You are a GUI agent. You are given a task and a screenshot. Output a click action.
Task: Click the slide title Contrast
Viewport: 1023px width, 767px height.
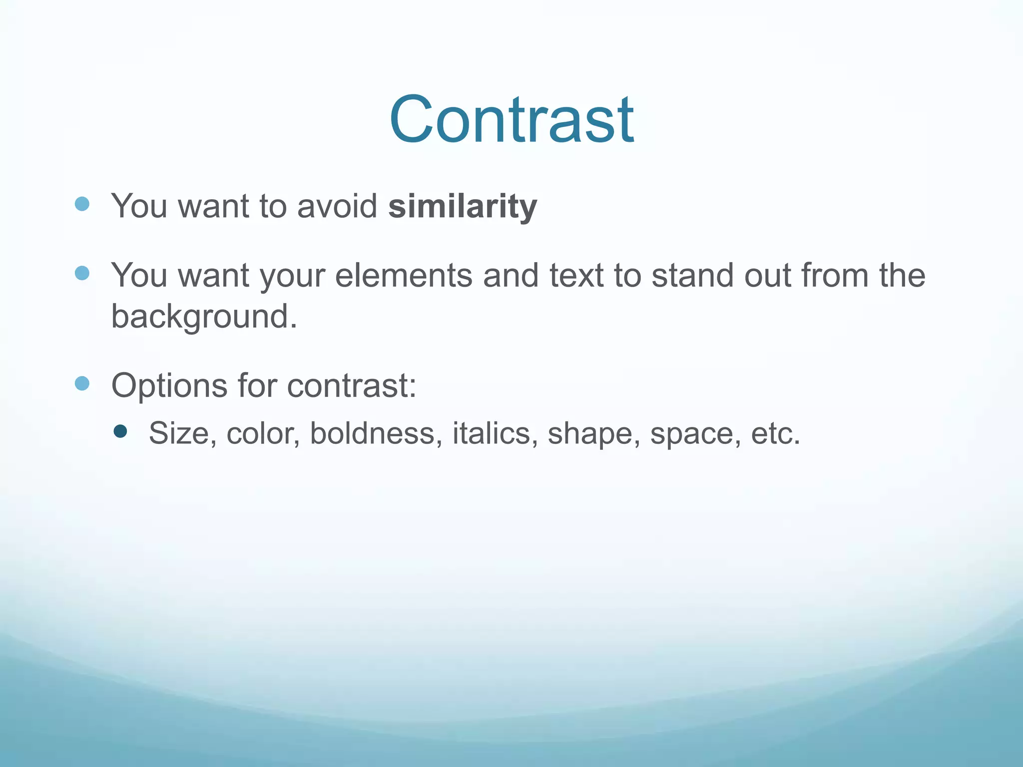[x=511, y=120]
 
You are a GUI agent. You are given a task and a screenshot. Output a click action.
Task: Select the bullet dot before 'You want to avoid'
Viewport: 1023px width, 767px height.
[x=82, y=204]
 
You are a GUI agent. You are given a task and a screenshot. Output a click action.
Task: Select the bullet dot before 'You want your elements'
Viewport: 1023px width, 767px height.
[x=82, y=273]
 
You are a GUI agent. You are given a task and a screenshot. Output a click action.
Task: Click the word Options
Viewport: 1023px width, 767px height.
[x=169, y=386]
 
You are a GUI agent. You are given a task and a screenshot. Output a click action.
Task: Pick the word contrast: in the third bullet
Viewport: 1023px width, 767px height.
[x=352, y=386]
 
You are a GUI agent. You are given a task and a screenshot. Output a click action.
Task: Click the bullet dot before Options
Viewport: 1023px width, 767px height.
[x=82, y=383]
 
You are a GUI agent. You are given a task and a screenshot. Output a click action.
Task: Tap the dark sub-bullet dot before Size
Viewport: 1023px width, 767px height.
[x=120, y=431]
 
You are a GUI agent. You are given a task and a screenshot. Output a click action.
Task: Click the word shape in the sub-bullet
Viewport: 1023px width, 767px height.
[x=593, y=434]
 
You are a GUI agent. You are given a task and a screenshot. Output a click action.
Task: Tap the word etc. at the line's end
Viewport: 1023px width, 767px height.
[x=775, y=433]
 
